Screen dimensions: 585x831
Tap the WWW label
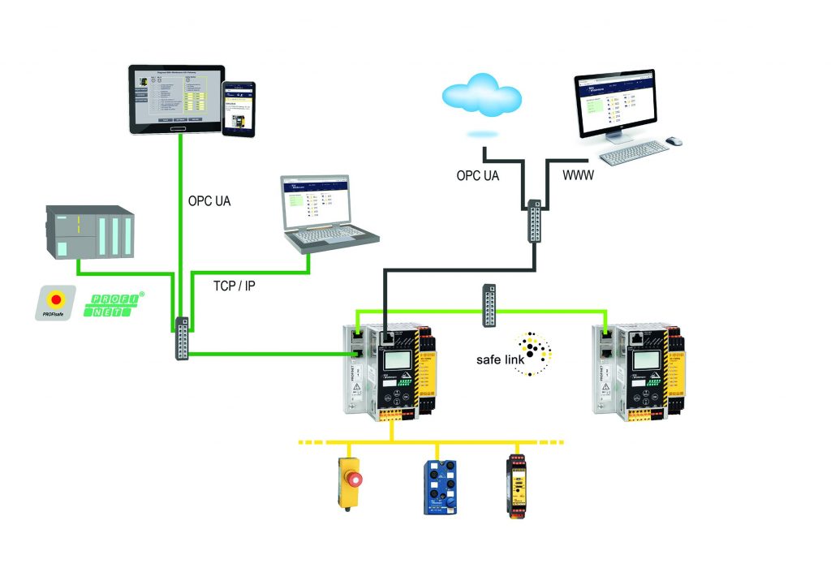coord(579,174)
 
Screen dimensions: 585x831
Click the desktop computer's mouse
coord(674,141)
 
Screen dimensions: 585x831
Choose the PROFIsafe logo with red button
coord(54,302)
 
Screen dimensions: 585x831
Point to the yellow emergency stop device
coord(349,483)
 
